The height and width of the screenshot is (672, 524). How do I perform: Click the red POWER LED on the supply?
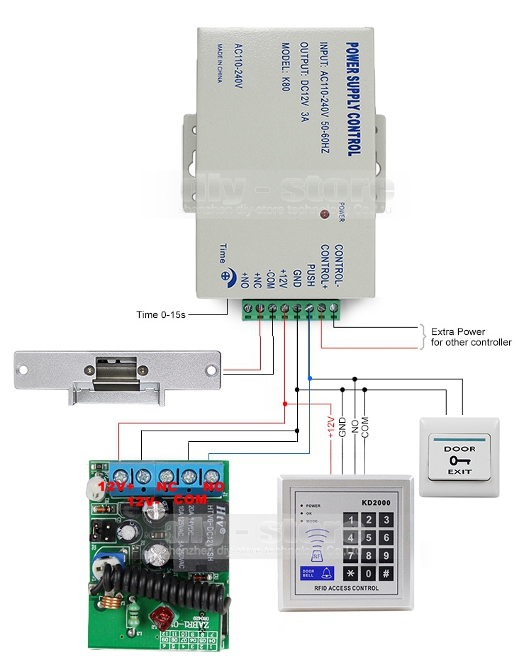325,214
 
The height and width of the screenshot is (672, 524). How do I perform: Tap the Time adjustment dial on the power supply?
226,278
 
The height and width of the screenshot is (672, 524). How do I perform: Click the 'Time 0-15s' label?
160,314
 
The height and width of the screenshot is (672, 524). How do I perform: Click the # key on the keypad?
386,571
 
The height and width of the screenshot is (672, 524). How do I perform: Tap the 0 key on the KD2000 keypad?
368,571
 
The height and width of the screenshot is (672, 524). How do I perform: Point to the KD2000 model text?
375,502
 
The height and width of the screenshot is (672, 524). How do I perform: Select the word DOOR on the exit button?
459,448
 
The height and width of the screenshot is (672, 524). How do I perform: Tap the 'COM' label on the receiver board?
188,488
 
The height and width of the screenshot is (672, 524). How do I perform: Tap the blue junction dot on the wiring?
310,378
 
